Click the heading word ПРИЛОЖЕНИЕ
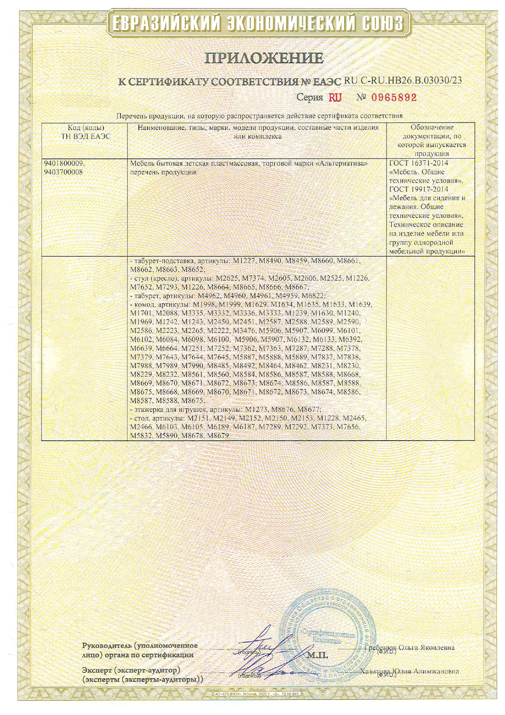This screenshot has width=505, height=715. pyautogui.click(x=264, y=58)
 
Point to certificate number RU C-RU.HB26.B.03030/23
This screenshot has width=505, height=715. pyautogui.click(x=403, y=80)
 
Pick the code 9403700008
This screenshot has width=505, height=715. pyautogui.click(x=63, y=172)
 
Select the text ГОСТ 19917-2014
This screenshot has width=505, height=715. pyautogui.click(x=418, y=190)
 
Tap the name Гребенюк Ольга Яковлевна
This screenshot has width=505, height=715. pyautogui.click(x=410, y=647)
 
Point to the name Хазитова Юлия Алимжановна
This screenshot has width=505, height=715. pyautogui.click(x=409, y=671)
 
